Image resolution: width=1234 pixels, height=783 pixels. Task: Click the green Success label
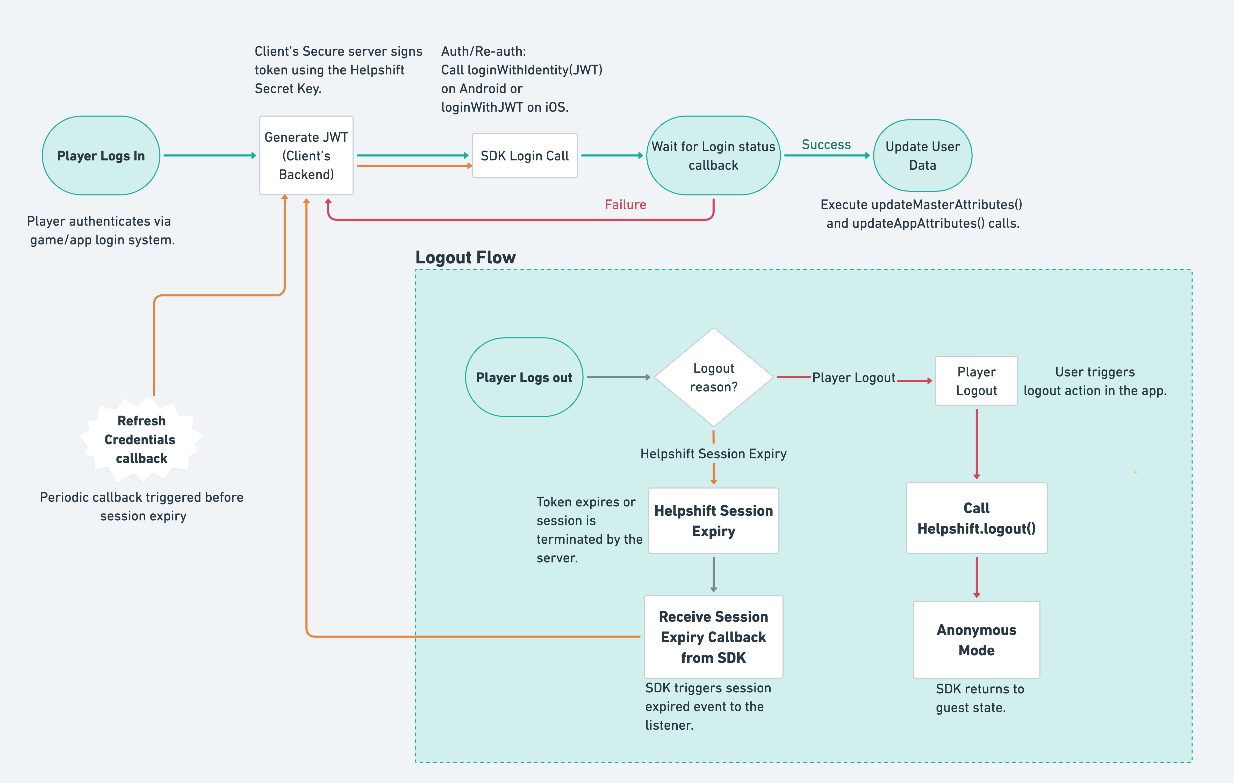(826, 145)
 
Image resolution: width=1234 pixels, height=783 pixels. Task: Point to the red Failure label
(625, 204)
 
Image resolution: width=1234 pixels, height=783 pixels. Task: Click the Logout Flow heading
(465, 257)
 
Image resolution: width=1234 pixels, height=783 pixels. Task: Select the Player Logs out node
(524, 377)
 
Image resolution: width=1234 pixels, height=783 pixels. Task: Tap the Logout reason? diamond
(713, 377)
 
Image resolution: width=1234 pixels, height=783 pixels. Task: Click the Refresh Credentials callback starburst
(141, 440)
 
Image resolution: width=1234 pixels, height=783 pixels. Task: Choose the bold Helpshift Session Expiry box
(713, 521)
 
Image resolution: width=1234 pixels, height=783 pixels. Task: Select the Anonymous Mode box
(976, 640)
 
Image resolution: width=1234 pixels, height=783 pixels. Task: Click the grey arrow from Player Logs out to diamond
(618, 377)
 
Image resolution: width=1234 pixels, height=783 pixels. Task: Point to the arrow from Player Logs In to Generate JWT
(209, 155)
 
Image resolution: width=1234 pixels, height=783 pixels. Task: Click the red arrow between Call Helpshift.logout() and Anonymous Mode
(976, 577)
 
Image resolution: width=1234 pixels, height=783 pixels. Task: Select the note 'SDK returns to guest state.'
(979, 698)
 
